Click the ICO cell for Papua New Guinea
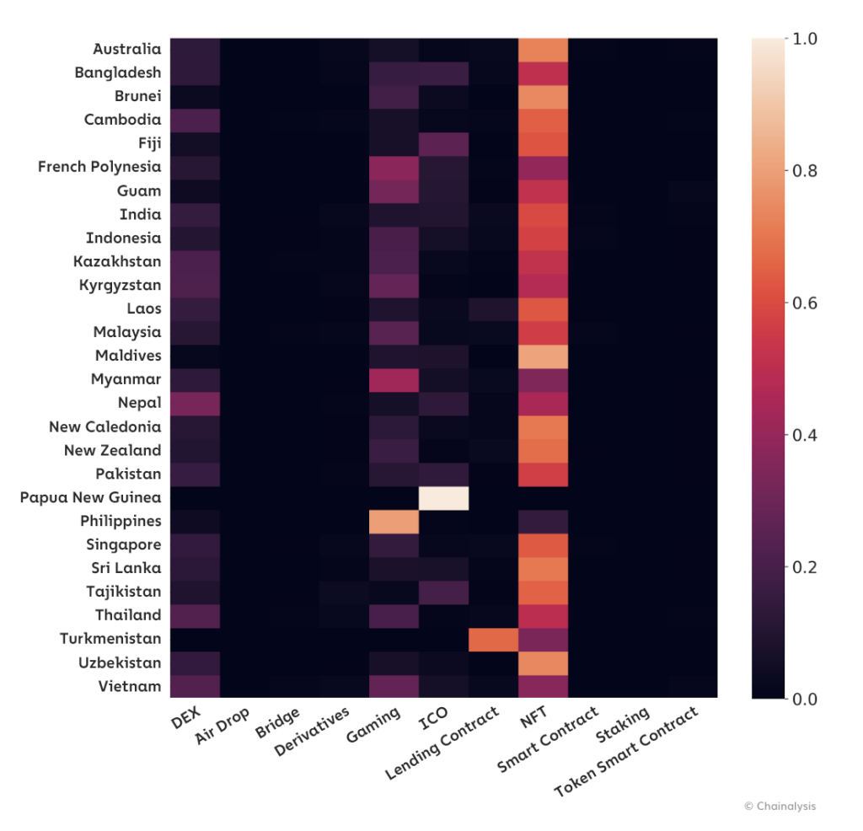(443, 497)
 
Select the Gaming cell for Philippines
(394, 521)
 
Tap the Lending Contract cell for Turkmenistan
(493, 639)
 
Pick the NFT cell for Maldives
(544, 356)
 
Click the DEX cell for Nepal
(195, 403)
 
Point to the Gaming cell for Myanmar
(394, 379)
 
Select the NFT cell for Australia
(544, 50)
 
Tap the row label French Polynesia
(99, 167)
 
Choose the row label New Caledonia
(105, 426)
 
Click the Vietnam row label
(129, 686)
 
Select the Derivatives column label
(313, 732)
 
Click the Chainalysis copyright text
(780, 807)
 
